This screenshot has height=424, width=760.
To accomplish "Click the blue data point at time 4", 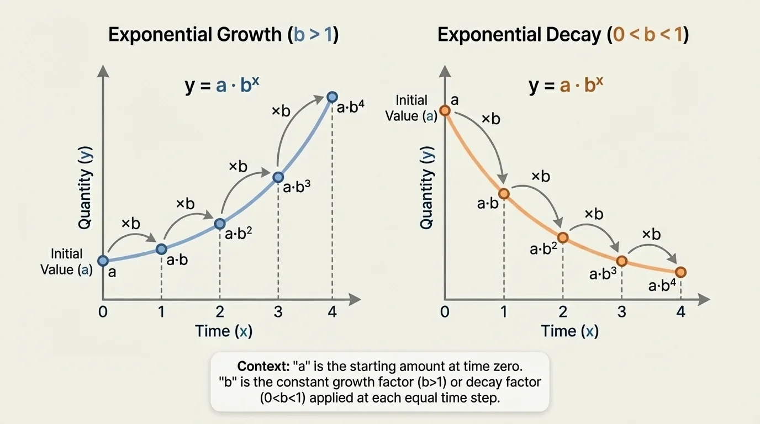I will click(332, 97).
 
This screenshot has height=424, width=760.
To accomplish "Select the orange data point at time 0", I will click(445, 110).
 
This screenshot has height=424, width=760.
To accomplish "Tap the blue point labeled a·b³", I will click(278, 177).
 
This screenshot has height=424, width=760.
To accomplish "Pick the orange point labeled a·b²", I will click(563, 238).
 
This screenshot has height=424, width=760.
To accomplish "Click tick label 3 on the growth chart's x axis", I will click(278, 311).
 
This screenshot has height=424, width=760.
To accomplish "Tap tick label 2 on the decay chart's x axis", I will click(563, 311).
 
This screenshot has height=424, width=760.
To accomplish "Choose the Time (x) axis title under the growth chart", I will click(223, 331).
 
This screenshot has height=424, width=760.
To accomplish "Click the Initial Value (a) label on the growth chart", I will click(66, 262).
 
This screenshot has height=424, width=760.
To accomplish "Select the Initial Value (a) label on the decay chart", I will click(411, 108).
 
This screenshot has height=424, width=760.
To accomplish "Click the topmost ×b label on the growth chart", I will click(281, 110).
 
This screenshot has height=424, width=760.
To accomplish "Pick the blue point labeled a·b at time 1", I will click(161, 249).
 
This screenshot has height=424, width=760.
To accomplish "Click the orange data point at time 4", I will click(680, 272).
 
